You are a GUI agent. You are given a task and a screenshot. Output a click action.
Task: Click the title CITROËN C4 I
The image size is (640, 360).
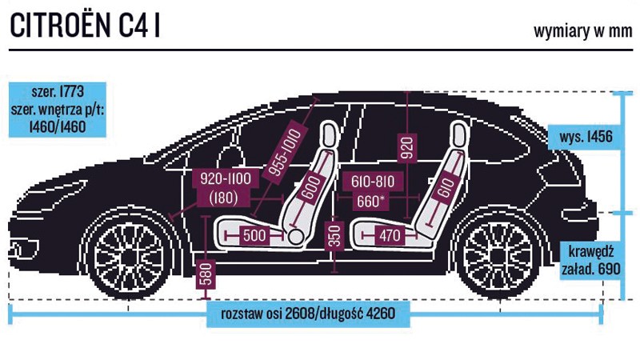pyautogui.click(x=85, y=26)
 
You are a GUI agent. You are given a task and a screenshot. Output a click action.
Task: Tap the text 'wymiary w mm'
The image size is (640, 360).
pyautogui.click(x=583, y=31)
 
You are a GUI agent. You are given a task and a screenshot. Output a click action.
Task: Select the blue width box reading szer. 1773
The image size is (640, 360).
pyautogui.click(x=58, y=110)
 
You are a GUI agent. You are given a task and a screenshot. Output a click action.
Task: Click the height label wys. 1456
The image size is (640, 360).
pyautogui.click(x=586, y=137)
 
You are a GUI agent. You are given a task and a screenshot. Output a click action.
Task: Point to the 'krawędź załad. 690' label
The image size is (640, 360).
pyautogui.click(x=591, y=261)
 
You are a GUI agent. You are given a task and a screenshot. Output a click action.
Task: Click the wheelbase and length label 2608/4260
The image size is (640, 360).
pyautogui.click(x=308, y=314)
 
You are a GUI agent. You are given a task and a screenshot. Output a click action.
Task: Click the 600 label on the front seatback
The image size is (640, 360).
pyautogui.click(x=311, y=188)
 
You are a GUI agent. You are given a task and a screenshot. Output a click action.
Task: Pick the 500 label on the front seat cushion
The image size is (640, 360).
pyautogui.click(x=254, y=235)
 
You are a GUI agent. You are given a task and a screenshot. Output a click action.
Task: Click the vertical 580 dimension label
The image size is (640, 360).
pyautogui.click(x=206, y=274)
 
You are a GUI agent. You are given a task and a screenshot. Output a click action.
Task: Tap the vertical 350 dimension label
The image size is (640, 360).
pyautogui.click(x=334, y=236)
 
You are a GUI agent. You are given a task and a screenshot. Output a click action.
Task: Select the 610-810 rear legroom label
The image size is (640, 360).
pyautogui.click(x=373, y=182)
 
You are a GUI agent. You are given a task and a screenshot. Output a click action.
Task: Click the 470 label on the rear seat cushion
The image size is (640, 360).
pyautogui.click(x=390, y=235)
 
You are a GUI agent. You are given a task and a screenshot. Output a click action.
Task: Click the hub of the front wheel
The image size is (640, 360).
pyautogui.click(x=128, y=257)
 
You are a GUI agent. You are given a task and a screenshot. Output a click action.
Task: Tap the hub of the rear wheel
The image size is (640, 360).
pyautogui.click(x=498, y=256)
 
